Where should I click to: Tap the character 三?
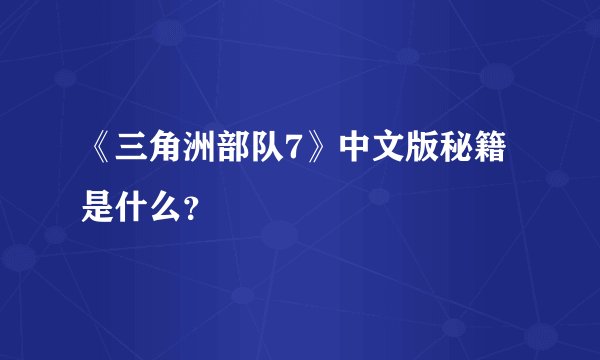(130, 152)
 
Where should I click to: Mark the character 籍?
(499, 152)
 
